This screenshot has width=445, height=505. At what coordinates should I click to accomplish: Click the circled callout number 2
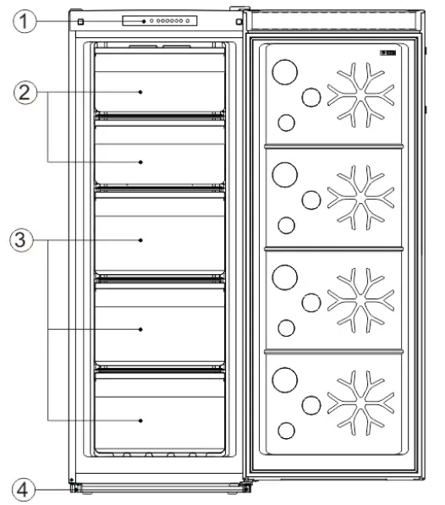click(x=30, y=92)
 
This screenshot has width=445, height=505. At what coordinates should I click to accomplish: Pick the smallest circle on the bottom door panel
click(x=287, y=431)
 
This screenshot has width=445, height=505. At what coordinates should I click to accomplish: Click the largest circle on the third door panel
click(x=285, y=276)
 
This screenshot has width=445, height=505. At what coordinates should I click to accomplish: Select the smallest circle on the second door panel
click(x=287, y=225)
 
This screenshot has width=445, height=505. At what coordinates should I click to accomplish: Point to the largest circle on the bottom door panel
click(x=285, y=378)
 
